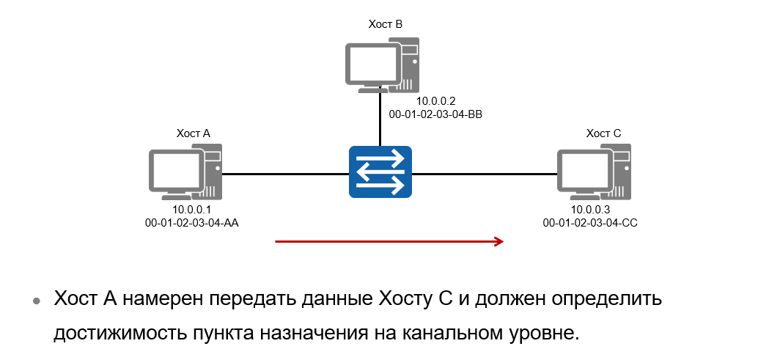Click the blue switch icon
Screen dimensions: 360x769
(x=380, y=173)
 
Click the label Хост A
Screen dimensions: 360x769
(x=193, y=133)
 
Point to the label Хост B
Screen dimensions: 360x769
(x=385, y=24)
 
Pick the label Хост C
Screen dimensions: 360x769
(x=603, y=133)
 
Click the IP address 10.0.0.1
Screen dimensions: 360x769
(x=192, y=210)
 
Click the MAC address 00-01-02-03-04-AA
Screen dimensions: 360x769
(x=192, y=222)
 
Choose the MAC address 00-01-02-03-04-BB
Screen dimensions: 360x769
(x=435, y=114)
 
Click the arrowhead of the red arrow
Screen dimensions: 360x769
(x=499, y=241)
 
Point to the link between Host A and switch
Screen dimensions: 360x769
(x=286, y=175)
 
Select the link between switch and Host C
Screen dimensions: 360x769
(x=484, y=175)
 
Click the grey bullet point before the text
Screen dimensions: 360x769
(x=35, y=302)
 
